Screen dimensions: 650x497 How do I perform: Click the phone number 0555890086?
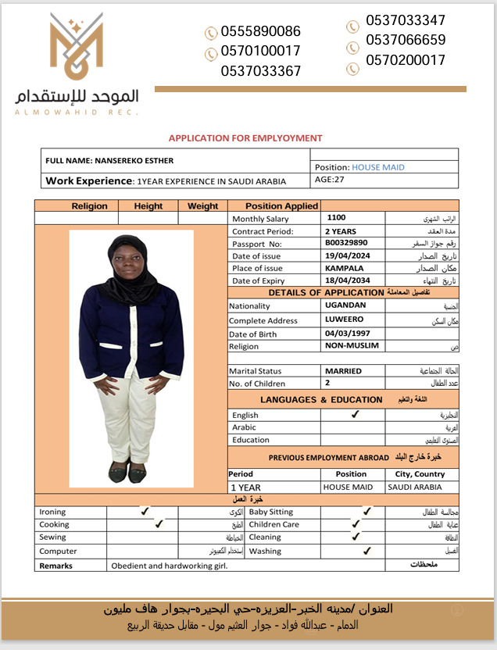[260, 32]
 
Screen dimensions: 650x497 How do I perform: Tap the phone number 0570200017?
[405, 60]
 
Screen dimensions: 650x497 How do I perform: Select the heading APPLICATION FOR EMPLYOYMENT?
[245, 138]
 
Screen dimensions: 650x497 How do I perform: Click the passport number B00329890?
[346, 244]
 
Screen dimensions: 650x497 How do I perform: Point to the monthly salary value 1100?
[336, 218]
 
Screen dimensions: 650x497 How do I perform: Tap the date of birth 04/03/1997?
[348, 334]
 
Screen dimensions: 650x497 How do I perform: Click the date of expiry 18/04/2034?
[348, 280]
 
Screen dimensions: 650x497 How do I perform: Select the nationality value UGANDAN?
[345, 305]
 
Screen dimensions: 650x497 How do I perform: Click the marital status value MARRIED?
[344, 370]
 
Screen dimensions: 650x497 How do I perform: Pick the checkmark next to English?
[355, 415]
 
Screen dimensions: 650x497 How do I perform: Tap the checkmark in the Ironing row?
[145, 511]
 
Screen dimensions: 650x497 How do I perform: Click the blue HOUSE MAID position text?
[378, 167]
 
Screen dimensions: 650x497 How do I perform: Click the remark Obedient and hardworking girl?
[169, 566]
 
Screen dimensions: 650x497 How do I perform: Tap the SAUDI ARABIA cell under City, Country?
[416, 487]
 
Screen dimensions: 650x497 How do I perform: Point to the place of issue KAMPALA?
[345, 268]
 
